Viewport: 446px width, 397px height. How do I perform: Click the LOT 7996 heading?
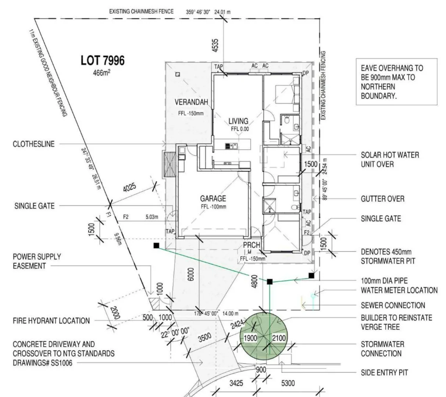(x=103, y=61)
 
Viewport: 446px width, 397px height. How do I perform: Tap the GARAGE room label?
(x=213, y=198)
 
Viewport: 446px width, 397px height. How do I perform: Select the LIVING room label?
(x=238, y=121)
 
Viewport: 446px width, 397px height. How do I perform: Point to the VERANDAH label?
(x=191, y=102)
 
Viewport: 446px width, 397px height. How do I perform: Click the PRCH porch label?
(x=251, y=245)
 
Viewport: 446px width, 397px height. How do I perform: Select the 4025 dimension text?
(x=129, y=188)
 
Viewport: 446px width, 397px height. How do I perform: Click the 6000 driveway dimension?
(x=190, y=274)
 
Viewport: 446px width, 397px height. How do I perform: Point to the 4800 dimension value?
(x=254, y=281)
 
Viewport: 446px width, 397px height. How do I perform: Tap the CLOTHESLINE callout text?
(x=33, y=144)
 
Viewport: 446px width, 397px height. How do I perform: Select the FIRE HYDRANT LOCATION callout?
(x=51, y=321)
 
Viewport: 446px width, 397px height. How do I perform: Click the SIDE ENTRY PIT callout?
(x=384, y=372)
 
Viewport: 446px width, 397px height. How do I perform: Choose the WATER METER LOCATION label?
(x=399, y=290)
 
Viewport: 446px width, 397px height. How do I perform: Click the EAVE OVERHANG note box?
(x=396, y=82)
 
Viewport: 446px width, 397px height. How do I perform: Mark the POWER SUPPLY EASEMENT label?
(x=37, y=261)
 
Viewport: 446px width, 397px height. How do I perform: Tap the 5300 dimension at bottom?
(x=288, y=383)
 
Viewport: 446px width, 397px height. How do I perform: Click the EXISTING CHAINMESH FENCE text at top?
(x=141, y=11)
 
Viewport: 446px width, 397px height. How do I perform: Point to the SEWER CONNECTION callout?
(x=393, y=305)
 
